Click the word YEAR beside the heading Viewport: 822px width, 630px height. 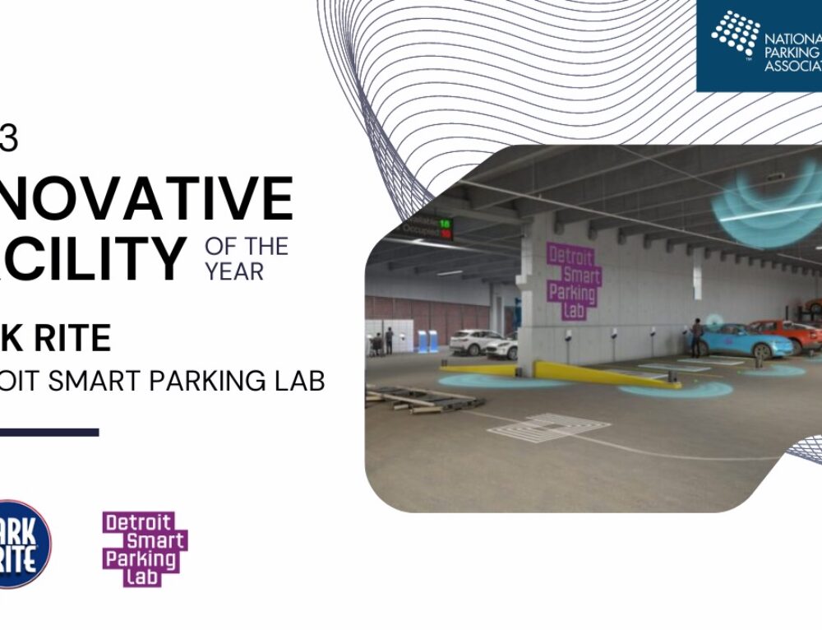236,271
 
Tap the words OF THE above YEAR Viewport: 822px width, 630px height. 247,246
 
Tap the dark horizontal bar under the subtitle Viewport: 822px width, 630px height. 49,432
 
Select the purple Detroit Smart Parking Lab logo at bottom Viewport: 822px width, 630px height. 144,548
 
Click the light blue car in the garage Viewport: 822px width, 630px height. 744,340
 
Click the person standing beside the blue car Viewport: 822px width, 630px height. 697,337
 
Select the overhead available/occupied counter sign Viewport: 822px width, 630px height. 428,227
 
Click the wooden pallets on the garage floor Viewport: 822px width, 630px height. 419,399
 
